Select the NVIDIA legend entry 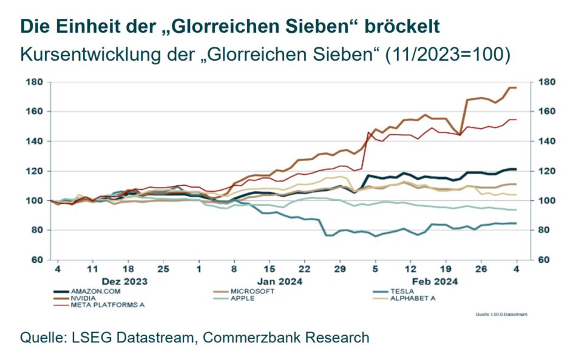[x=84, y=298]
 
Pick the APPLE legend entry [x=245, y=298]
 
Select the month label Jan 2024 [x=280, y=282]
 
